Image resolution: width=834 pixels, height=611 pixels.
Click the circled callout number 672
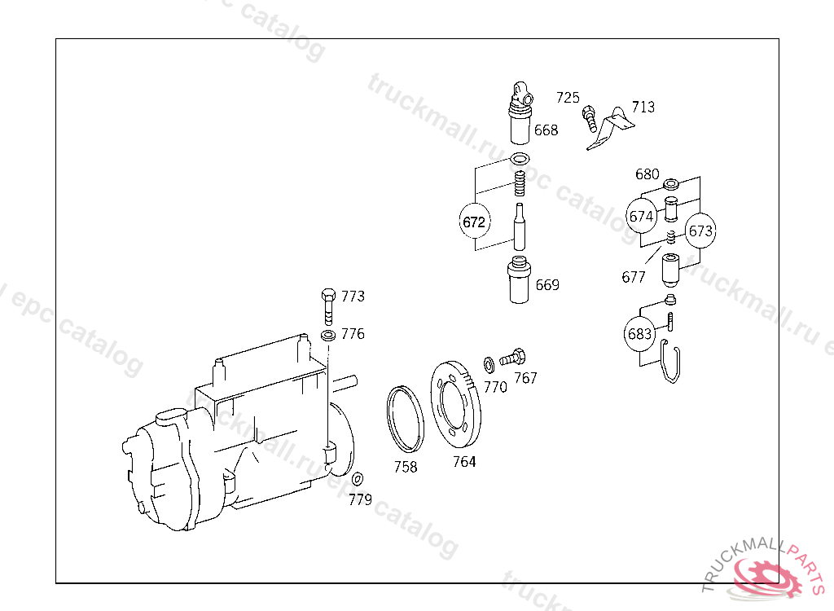[474, 222]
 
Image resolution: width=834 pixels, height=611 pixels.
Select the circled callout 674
[641, 216]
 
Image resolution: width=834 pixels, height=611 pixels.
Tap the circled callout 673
[700, 231]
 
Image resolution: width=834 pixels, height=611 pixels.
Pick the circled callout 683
[639, 334]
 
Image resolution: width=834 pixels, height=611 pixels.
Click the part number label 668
[546, 130]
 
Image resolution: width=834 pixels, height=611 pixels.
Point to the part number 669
[547, 285]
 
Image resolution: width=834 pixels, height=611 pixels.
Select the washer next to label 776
[328, 336]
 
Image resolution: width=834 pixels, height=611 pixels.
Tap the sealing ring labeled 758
[406, 420]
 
